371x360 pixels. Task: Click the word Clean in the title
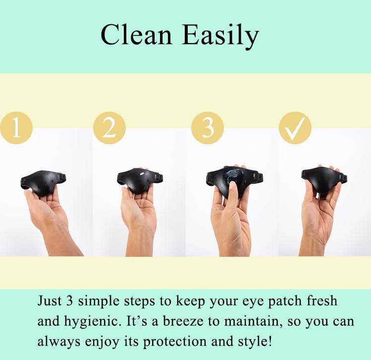point(136,35)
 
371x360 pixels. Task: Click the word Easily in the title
point(220,37)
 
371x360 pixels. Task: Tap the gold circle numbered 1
point(16,128)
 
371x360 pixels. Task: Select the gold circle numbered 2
point(109,128)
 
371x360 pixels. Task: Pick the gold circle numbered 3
point(208,128)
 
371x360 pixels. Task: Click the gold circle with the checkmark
point(295,128)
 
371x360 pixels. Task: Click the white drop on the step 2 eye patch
point(143,174)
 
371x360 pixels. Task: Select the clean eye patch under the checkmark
point(324,180)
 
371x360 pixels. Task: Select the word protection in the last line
point(175,342)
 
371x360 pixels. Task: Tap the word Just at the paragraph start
point(50,301)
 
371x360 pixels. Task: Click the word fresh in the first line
point(322,301)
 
